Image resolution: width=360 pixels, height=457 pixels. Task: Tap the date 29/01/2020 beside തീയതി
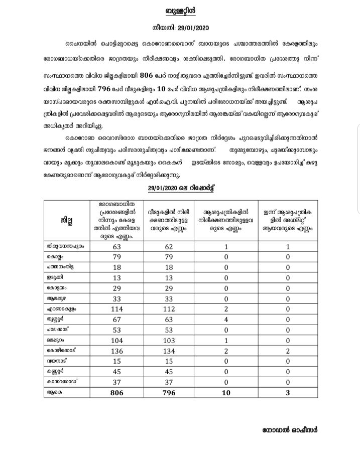click(194, 28)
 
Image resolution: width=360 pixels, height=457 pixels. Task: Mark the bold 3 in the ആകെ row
click(288, 392)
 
